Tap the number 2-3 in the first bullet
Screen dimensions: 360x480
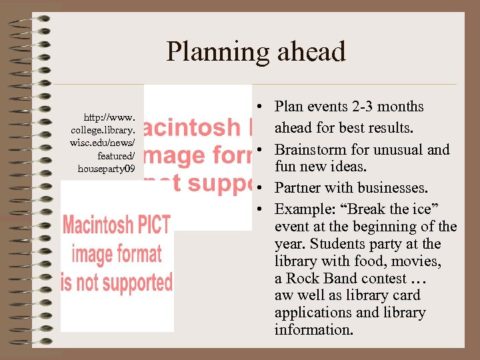pos(360,107)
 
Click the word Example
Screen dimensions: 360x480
pos(301,209)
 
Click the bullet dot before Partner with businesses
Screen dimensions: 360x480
pos(262,189)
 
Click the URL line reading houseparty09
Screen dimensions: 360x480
pos(106,169)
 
